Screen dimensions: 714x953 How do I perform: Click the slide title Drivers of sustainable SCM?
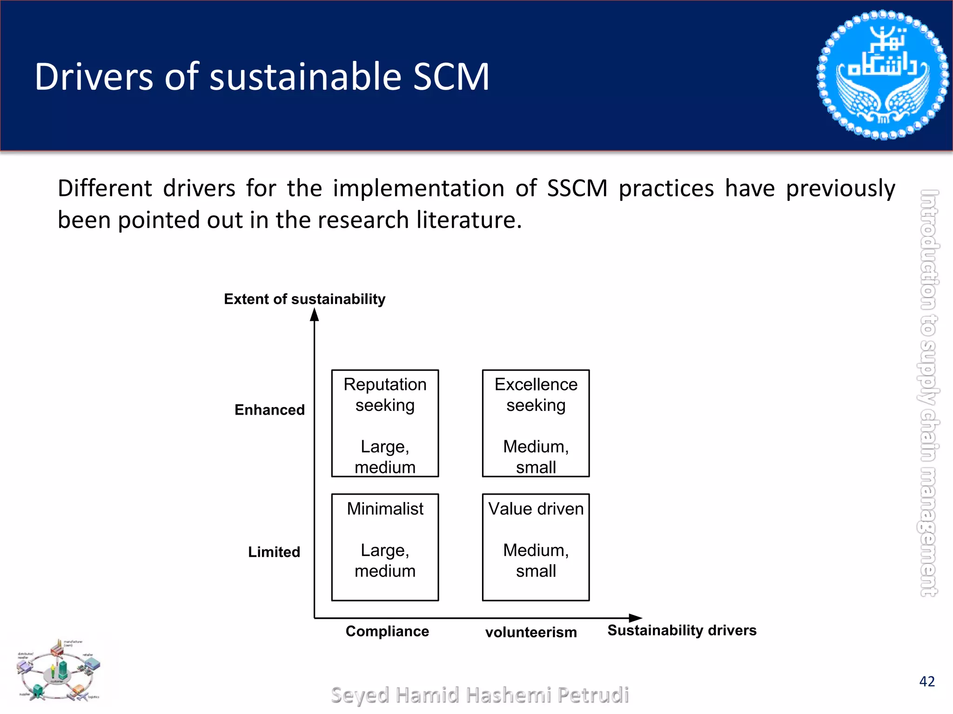point(262,77)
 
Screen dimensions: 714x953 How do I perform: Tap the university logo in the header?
point(882,75)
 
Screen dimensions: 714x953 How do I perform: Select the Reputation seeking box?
point(385,423)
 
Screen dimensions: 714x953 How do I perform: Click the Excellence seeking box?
point(536,423)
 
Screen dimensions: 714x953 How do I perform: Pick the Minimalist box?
point(385,547)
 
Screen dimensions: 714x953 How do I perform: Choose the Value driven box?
point(536,547)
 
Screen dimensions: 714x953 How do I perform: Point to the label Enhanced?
point(269,410)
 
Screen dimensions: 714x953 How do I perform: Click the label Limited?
point(274,552)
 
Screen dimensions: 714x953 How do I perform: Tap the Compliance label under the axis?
point(387,631)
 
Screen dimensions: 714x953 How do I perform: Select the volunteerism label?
point(531,632)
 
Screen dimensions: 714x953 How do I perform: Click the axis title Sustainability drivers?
point(682,630)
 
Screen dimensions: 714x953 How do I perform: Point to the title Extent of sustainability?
point(305,299)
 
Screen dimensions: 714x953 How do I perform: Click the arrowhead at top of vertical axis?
point(315,315)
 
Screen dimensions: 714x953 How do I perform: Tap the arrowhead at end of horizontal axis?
point(636,618)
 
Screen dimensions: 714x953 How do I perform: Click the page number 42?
point(927,681)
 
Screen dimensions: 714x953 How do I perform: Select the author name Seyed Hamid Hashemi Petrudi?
point(480,695)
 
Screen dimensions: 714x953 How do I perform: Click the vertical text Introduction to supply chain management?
point(929,393)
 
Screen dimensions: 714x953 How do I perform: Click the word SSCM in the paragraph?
point(577,189)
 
